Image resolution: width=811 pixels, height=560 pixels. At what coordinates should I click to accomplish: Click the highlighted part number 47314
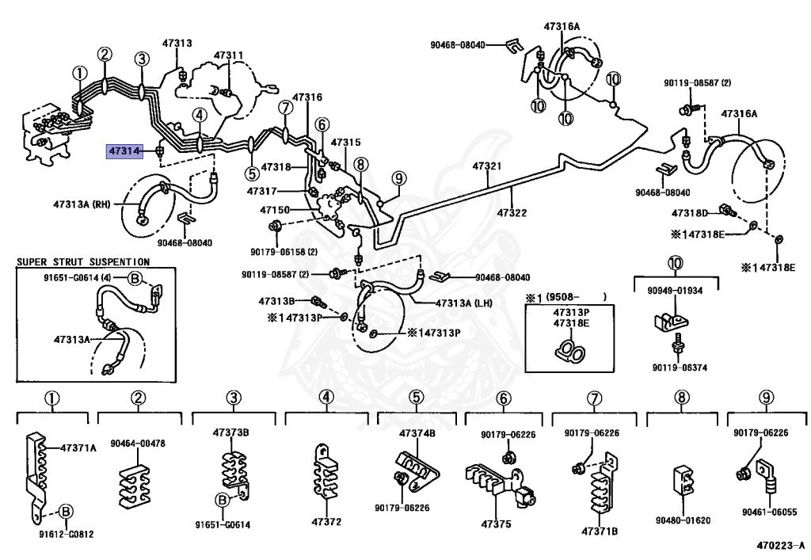[x=124, y=150]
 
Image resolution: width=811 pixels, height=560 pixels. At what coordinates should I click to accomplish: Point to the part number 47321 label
[x=487, y=167]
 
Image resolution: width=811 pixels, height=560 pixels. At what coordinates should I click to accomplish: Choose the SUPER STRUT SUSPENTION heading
[x=83, y=261]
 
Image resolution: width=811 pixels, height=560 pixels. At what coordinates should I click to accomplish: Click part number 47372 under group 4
[x=326, y=522]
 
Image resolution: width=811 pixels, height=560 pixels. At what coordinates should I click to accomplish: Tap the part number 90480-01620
[x=682, y=520]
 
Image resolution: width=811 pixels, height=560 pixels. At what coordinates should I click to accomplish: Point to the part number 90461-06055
[x=767, y=512]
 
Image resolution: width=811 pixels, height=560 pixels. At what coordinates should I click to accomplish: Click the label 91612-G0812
[x=67, y=534]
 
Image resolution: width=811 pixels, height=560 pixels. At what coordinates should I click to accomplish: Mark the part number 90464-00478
[x=138, y=444]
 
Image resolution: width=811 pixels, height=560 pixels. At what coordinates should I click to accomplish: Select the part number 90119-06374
[x=679, y=368]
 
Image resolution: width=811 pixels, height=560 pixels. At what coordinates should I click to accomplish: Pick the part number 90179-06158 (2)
[x=279, y=252]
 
